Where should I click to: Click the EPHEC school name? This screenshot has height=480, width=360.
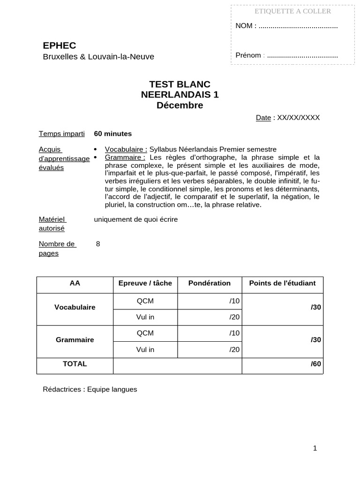click(59, 45)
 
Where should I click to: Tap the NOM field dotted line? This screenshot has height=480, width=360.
click(298, 26)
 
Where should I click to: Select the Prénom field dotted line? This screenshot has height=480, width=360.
click(300, 55)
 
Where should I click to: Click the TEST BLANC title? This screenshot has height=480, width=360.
click(180, 84)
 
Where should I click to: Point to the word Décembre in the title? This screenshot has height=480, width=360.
click(180, 105)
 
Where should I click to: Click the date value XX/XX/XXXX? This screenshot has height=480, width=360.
click(298, 118)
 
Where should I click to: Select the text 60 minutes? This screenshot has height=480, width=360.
click(113, 134)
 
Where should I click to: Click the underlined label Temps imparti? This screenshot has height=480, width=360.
click(61, 134)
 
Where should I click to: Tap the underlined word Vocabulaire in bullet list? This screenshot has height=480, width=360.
click(126, 149)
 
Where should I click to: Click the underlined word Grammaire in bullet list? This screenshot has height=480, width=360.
click(125, 157)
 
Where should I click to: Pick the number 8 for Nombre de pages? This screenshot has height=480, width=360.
click(97, 244)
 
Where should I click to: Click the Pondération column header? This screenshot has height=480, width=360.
click(210, 283)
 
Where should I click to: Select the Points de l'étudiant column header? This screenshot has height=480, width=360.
click(282, 283)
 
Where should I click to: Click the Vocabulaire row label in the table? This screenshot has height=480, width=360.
click(75, 307)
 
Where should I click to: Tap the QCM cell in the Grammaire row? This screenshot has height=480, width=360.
click(145, 333)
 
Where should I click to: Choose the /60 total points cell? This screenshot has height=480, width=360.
click(315, 364)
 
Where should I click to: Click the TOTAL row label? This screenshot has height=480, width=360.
click(75, 364)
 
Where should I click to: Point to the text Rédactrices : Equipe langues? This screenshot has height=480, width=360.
click(90, 390)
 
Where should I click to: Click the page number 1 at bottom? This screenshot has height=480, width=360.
click(315, 448)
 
